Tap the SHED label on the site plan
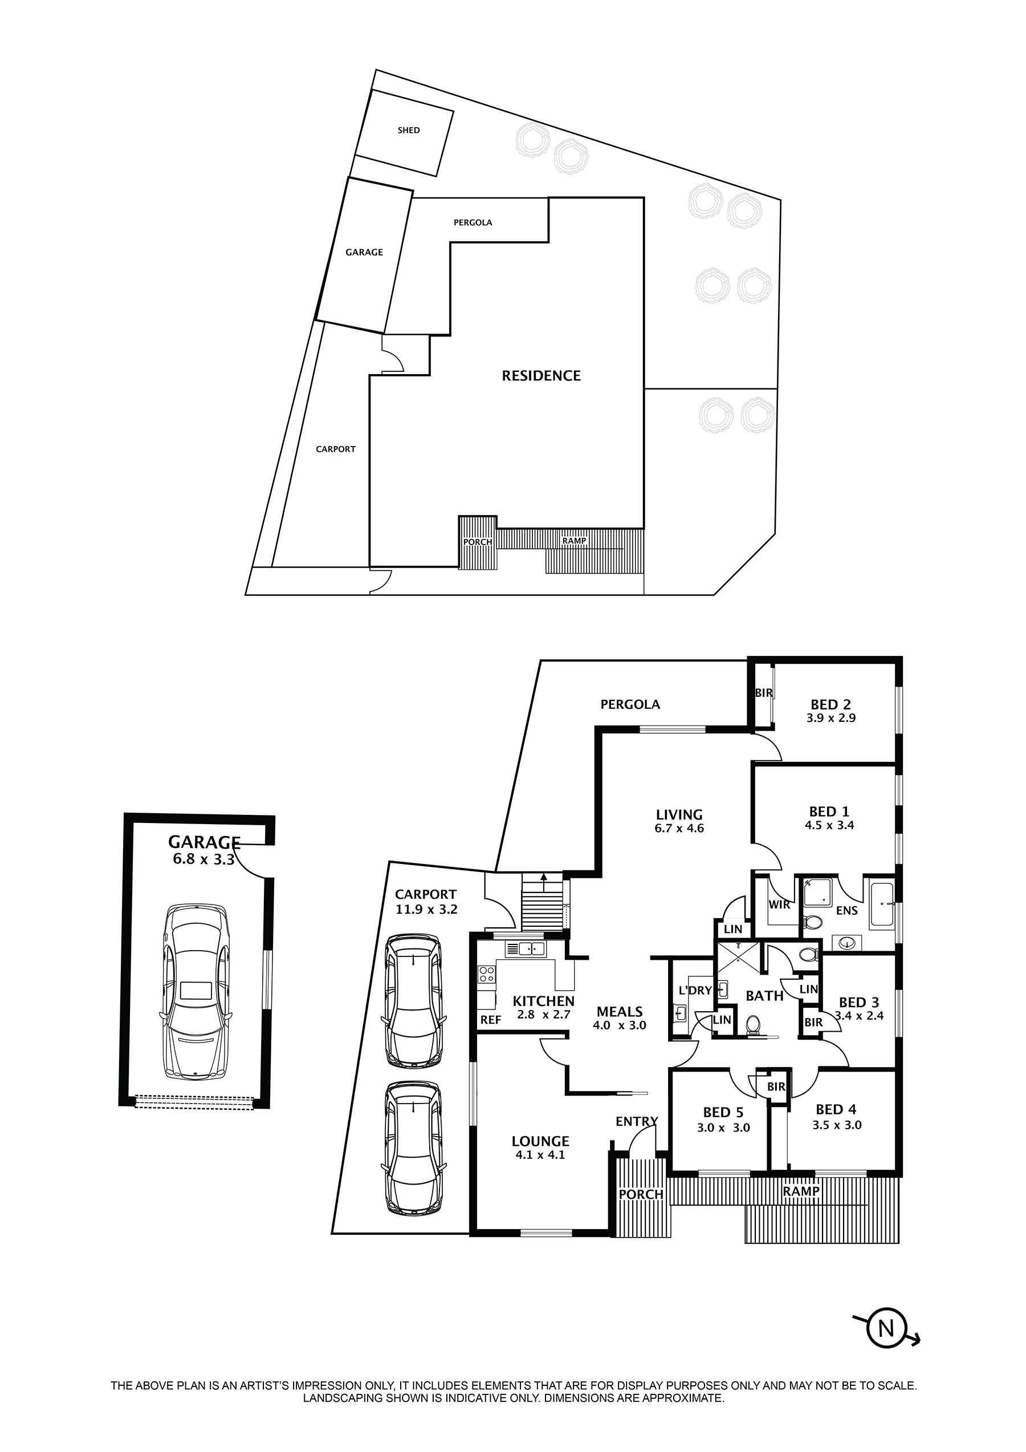click(x=408, y=130)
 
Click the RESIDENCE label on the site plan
click(x=541, y=376)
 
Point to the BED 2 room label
click(x=830, y=704)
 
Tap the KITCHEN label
click(x=544, y=1001)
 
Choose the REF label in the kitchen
click(x=491, y=1020)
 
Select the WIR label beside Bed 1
click(x=779, y=905)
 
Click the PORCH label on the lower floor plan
click(x=641, y=1195)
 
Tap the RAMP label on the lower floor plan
click(x=801, y=1191)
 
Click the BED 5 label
click(x=723, y=1113)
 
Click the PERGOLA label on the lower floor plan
click(x=630, y=704)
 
